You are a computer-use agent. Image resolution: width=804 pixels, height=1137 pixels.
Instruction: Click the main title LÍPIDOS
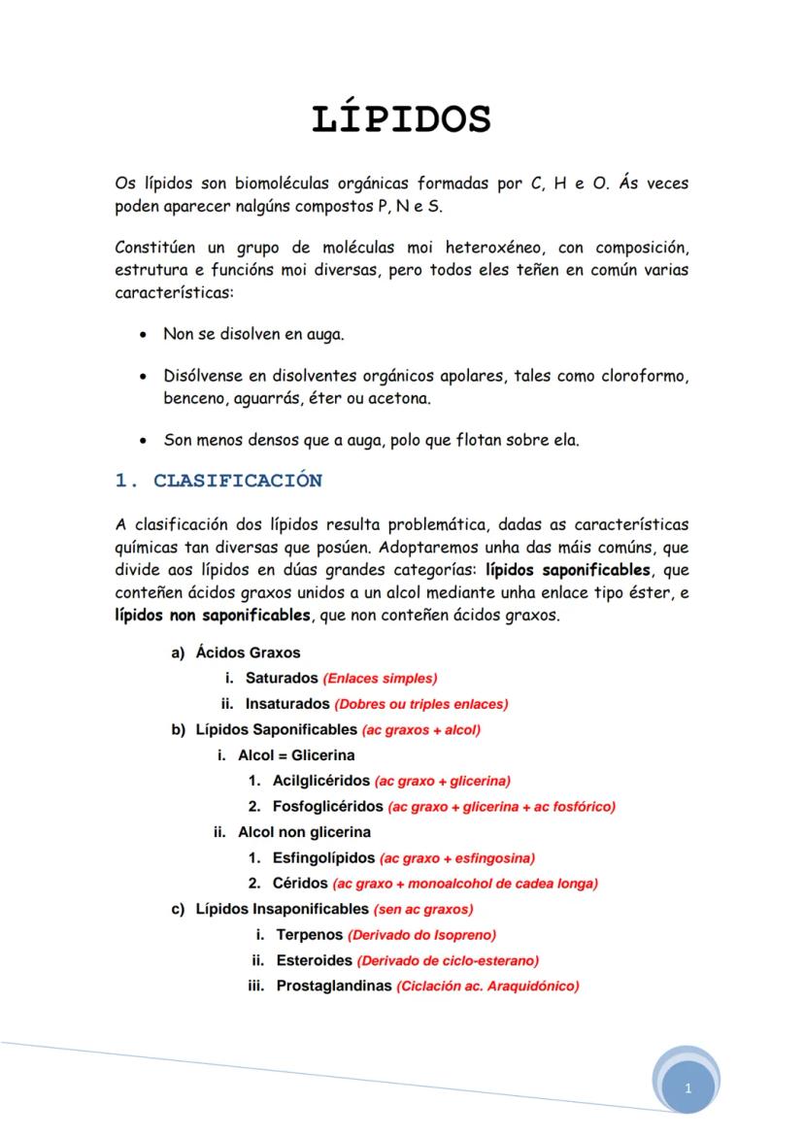click(401, 118)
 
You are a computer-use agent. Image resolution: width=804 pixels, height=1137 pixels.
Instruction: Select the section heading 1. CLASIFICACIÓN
click(218, 481)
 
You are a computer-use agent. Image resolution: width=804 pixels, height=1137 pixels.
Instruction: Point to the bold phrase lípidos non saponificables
click(212, 615)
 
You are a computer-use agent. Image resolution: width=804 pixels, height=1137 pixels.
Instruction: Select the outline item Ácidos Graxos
click(248, 653)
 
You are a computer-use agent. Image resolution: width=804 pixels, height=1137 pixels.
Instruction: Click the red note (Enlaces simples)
click(381, 679)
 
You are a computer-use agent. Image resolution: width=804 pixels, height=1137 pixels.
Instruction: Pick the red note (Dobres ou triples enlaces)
click(421, 704)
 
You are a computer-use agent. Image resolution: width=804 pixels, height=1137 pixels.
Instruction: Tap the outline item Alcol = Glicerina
click(296, 754)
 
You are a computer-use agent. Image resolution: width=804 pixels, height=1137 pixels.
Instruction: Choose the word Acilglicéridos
click(321, 781)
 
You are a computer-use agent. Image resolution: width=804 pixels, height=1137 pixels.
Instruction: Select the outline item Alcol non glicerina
click(304, 832)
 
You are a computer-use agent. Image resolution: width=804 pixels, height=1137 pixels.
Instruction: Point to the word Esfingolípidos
click(323, 858)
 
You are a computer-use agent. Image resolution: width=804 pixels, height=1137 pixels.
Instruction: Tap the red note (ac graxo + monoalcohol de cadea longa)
click(465, 884)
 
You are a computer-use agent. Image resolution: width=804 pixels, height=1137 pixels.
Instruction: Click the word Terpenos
click(310, 935)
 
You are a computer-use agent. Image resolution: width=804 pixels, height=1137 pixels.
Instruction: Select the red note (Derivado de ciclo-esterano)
click(448, 961)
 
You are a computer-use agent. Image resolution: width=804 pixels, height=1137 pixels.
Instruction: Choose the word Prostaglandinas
click(334, 987)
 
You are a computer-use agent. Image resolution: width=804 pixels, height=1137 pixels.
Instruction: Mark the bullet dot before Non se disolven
click(144, 335)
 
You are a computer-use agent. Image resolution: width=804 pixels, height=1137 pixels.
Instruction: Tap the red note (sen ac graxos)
click(423, 910)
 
